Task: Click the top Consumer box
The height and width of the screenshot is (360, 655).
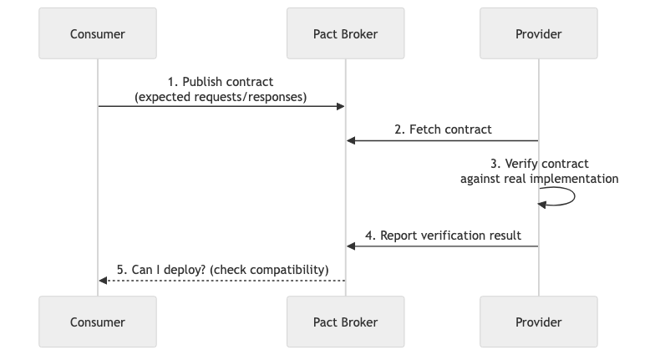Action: [97, 34]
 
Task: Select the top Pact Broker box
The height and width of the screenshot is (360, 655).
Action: [345, 34]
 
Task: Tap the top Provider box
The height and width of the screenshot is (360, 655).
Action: [539, 34]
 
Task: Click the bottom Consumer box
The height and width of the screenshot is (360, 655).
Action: [97, 322]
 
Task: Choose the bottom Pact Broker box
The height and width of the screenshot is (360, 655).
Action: [345, 322]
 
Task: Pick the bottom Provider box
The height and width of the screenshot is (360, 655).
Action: [539, 322]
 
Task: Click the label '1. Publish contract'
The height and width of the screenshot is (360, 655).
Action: [221, 82]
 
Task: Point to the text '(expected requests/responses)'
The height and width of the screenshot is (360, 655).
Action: [221, 97]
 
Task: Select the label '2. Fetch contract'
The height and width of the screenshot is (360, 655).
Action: [443, 129]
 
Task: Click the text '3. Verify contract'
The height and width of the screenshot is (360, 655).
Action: [540, 164]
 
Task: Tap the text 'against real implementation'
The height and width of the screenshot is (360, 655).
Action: [540, 179]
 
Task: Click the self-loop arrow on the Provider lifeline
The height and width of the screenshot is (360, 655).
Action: [573, 196]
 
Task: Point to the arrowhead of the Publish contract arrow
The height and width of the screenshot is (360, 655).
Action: [340, 106]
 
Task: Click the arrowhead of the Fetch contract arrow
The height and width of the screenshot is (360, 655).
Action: [351, 140]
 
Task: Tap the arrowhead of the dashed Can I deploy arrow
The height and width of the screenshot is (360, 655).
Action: [103, 281]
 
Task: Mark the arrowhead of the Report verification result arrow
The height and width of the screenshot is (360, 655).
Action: [351, 246]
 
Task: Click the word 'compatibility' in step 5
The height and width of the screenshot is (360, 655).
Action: [288, 270]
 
